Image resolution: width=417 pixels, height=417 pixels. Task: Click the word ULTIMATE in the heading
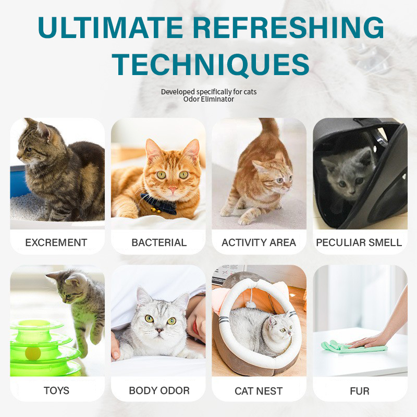pos(111,28)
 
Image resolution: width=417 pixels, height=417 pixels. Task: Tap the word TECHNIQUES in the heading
pos(211,64)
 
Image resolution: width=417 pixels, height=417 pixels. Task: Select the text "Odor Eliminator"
pos(209,99)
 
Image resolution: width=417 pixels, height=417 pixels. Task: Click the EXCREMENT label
pos(56,242)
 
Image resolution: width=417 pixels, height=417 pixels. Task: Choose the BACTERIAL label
pos(159,242)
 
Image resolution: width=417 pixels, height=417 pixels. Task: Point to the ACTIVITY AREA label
pos(259,242)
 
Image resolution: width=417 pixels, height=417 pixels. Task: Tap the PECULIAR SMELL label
pos(359,242)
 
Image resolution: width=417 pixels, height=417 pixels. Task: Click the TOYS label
pos(56,390)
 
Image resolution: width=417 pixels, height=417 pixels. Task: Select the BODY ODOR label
pos(159,390)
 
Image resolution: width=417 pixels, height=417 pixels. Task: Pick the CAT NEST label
pos(259,391)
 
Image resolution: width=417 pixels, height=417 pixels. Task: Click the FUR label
pos(360,391)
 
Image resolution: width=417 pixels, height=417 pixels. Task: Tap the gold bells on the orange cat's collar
pos(155,210)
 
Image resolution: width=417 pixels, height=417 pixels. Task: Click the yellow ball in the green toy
pos(33,353)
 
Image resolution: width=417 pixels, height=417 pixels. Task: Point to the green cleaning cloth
pos(351,347)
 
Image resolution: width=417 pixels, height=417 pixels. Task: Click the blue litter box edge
pos(19,181)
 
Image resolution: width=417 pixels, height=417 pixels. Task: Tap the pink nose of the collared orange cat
pos(173,190)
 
